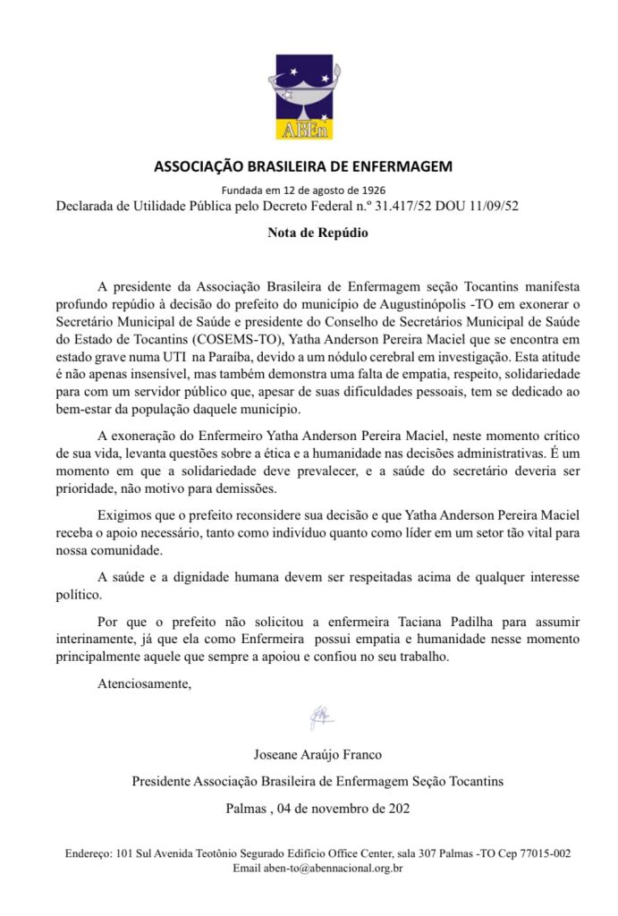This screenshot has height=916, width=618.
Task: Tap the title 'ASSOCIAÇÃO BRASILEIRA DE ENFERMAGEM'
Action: pos(304,166)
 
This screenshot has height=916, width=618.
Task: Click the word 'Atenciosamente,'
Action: pos(144,685)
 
